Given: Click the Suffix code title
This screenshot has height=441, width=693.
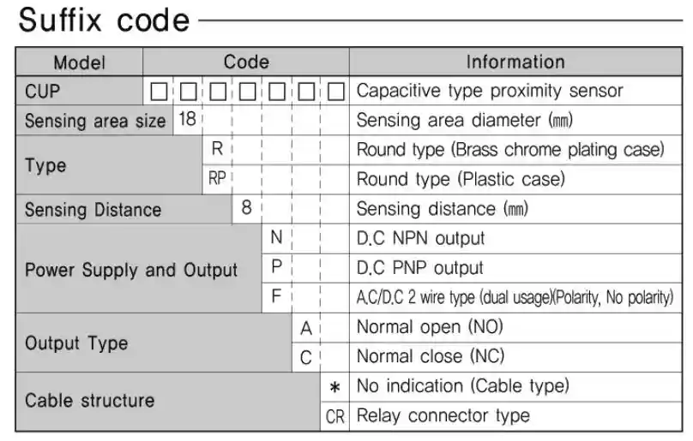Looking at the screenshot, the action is [105, 21].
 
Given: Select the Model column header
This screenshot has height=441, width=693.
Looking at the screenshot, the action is [80, 63].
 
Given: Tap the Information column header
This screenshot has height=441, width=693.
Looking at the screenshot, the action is [515, 62].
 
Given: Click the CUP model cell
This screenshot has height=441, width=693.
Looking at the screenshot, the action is [42, 92].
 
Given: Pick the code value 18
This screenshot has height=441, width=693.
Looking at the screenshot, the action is [187, 119].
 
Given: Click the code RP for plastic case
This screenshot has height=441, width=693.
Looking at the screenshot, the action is [217, 178].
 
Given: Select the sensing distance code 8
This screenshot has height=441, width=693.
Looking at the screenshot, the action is [247, 207].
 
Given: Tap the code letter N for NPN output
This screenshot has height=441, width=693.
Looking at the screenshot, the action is [276, 237].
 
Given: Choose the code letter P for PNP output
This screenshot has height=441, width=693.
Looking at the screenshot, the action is [276, 266].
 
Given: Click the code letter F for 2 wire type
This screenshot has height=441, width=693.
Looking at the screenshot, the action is [276, 296].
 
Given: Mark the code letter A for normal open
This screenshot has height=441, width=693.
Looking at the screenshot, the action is [306, 329].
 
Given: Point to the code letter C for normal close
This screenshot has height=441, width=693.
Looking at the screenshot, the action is [306, 358].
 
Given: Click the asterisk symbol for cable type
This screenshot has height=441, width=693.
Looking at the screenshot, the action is [334, 388].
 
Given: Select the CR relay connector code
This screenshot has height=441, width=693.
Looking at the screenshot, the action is [334, 417].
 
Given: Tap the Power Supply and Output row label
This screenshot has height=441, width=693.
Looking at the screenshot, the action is [131, 270].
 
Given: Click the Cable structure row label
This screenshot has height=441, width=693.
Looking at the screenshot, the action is [90, 401].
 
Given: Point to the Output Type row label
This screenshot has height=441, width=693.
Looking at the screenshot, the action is [76, 343].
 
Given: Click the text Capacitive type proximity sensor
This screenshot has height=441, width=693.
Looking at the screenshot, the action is [490, 91].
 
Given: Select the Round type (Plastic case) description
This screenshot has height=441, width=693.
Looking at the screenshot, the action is [461, 179].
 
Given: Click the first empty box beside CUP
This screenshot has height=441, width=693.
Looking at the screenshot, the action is [159, 92].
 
